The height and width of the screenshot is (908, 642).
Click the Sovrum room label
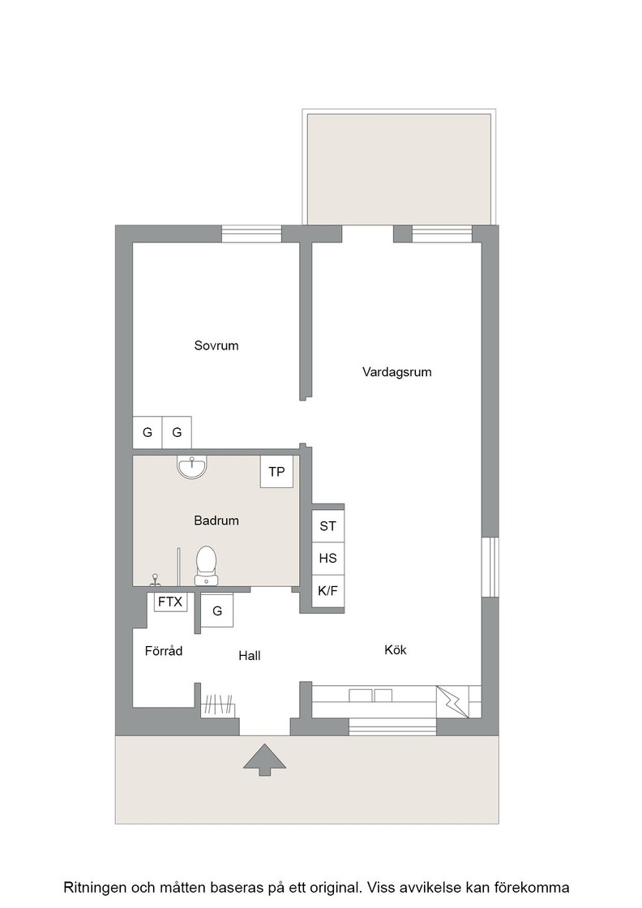(216, 345)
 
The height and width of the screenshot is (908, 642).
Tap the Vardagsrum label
(397, 372)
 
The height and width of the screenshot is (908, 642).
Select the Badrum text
(216, 520)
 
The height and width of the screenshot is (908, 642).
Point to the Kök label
(396, 649)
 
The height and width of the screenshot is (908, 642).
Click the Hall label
(250, 656)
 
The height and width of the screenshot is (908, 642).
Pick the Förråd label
(163, 651)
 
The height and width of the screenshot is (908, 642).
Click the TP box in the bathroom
(276, 471)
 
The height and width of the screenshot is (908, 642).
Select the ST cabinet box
(328, 526)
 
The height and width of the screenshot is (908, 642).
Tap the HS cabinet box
(328, 559)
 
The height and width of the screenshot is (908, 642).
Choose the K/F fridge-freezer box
(328, 591)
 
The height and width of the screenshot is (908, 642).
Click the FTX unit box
(170, 602)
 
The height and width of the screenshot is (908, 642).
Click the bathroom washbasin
(191, 467)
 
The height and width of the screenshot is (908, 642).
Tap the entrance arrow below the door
(264, 759)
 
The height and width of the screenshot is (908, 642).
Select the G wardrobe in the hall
(217, 610)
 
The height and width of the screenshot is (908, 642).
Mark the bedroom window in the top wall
(252, 233)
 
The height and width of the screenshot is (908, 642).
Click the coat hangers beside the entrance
(219, 705)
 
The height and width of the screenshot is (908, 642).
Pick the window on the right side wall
(490, 567)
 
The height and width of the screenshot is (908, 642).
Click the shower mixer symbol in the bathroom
(155, 580)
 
